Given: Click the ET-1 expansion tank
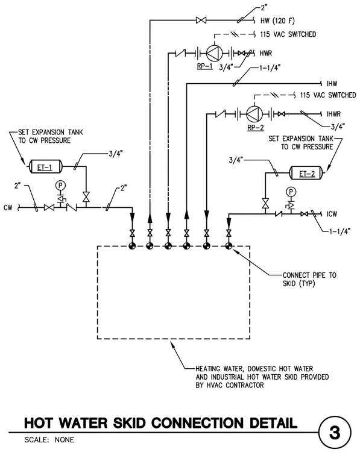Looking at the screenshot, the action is click(45, 166).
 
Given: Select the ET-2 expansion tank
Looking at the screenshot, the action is click(306, 173).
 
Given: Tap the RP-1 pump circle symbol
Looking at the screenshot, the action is click(215, 53).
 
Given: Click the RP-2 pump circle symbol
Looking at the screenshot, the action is click(254, 114).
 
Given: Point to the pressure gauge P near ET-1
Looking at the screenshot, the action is click(60, 185).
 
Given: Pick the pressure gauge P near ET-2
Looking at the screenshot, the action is click(291, 192).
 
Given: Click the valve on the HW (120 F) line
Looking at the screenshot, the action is click(201, 20).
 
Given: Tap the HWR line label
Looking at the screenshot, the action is click(266, 54).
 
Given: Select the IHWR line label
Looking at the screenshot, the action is click(333, 114).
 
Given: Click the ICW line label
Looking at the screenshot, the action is click(332, 214).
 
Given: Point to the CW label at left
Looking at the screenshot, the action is click(8, 208).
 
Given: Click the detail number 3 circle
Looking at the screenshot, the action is click(335, 433).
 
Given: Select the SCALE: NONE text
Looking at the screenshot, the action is click(49, 440).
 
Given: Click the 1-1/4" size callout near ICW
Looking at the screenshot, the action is click(340, 231).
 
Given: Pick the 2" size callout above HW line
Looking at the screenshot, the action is click(264, 8).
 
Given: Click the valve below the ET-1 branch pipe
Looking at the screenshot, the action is click(86, 196).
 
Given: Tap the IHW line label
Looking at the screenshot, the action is click(332, 84).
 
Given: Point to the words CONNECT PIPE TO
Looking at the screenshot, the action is click(309, 275).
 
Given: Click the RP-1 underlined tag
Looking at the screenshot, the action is click(205, 66).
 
